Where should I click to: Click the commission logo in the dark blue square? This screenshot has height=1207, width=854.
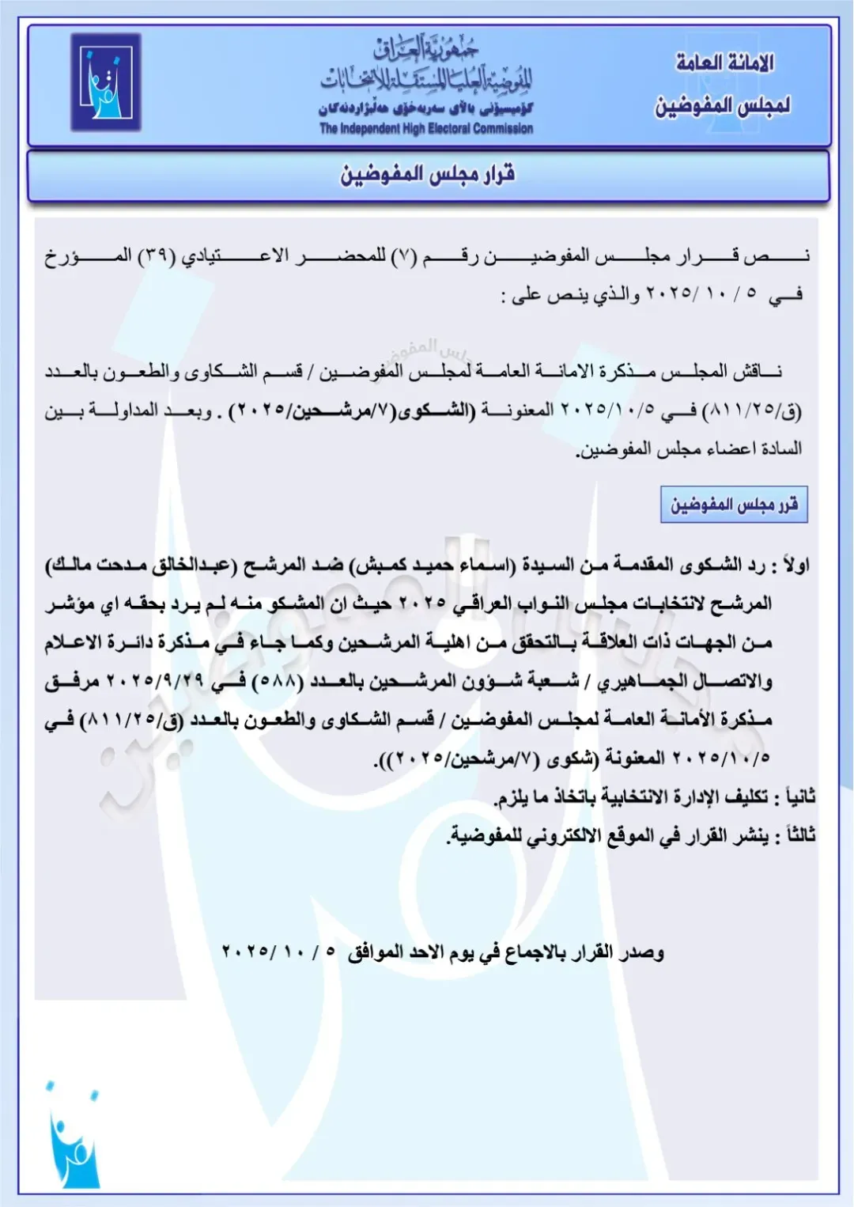click(x=105, y=82)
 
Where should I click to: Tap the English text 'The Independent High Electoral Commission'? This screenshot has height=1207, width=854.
click(x=426, y=129)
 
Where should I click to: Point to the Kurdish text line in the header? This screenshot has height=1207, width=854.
click(x=426, y=108)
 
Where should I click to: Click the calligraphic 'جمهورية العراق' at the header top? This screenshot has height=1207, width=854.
click(x=426, y=50)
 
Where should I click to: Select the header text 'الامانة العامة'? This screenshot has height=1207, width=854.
click(x=724, y=62)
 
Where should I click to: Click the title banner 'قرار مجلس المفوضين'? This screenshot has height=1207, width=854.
click(x=428, y=174)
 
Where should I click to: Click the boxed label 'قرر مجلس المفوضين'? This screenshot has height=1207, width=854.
click(x=734, y=505)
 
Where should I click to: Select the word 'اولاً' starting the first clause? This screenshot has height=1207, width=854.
click(x=795, y=566)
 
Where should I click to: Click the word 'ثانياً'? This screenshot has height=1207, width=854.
click(x=795, y=796)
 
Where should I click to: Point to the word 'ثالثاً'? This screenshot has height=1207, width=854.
click(x=797, y=835)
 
